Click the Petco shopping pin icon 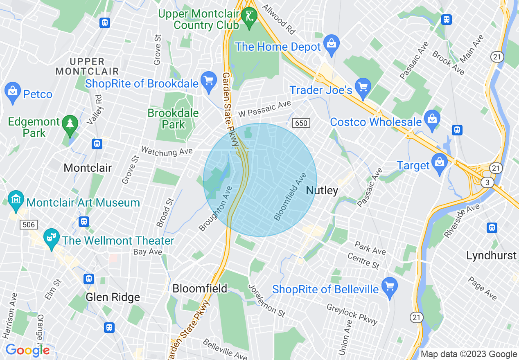click(13, 93)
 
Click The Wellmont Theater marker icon click(52, 239)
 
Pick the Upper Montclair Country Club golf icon click(249, 17)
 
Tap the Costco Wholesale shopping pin click(431, 119)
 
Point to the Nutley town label click(322, 190)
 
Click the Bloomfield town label click(200, 288)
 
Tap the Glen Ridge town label click(113, 297)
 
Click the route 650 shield click(301, 123)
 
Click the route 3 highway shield click(487, 182)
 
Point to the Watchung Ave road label click(167, 151)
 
